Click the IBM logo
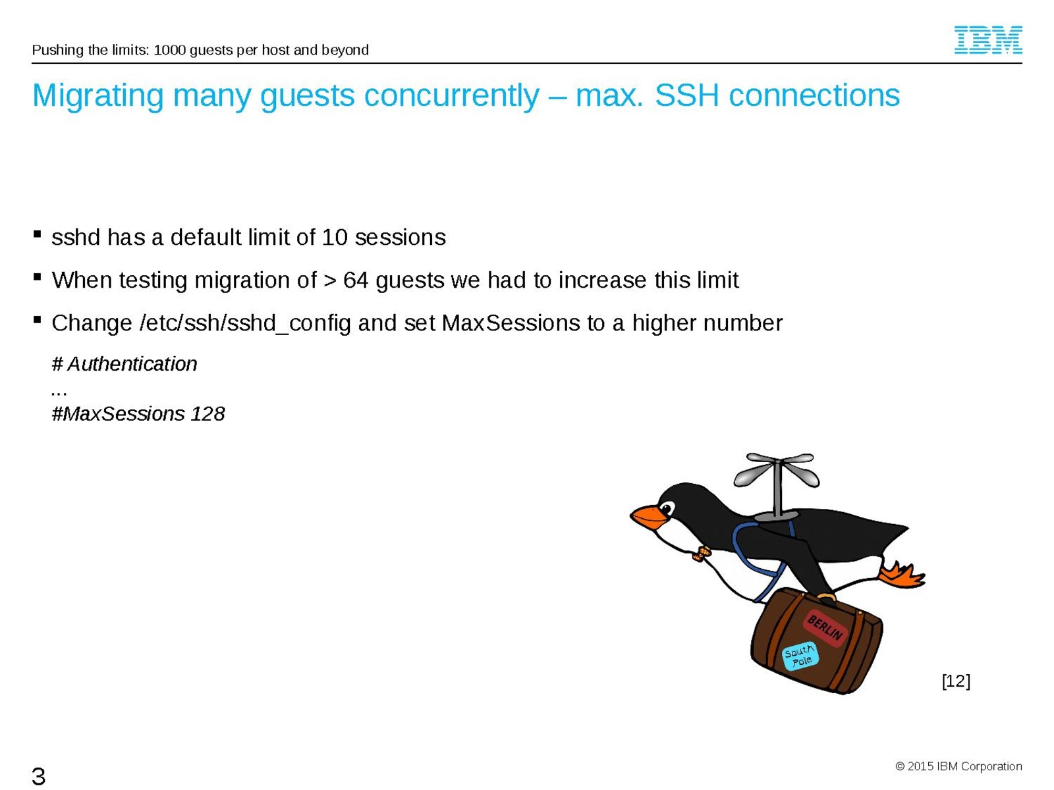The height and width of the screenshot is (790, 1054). [x=987, y=39]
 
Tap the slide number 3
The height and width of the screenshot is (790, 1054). [x=38, y=776]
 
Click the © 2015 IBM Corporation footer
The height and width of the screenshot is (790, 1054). [x=958, y=766]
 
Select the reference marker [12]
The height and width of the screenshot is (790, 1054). [x=956, y=681]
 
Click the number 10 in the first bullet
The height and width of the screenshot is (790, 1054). [x=334, y=238]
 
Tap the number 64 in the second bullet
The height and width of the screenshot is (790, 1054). [x=355, y=280]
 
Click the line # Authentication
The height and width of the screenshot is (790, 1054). [x=125, y=364]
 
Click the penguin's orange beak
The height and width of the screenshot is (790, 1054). [x=649, y=517]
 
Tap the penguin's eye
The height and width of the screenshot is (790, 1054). [x=667, y=508]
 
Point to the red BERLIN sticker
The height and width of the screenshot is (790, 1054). [x=825, y=628]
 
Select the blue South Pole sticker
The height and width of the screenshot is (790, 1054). [x=800, y=655]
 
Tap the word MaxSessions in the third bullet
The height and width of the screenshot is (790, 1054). [x=511, y=323]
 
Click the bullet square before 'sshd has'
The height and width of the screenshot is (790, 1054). [x=37, y=234]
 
